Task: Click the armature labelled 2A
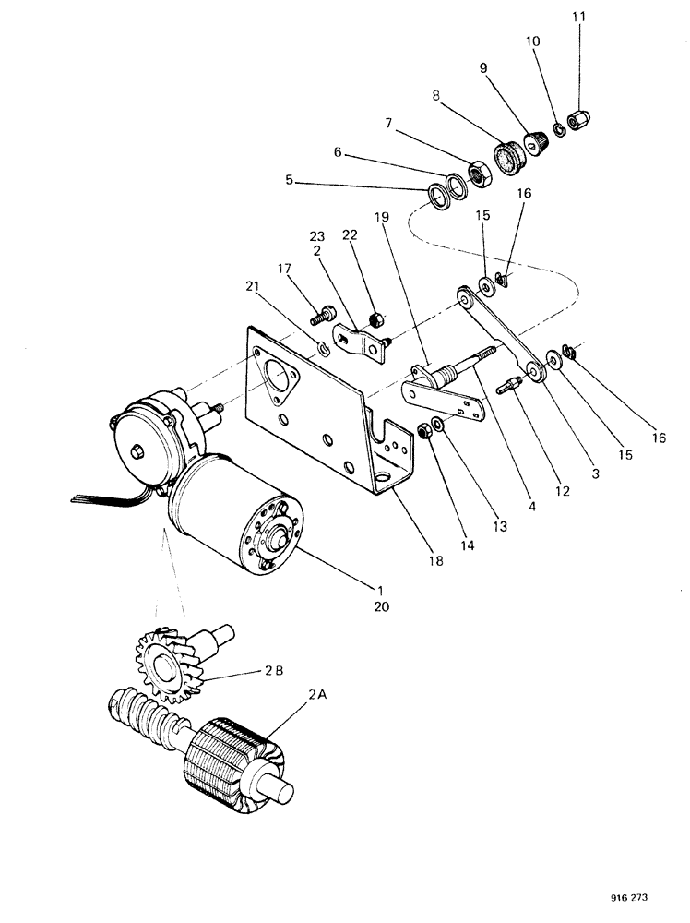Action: (235, 758)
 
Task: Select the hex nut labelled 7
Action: (479, 172)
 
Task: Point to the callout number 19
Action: (381, 217)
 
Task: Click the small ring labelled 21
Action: (324, 348)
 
